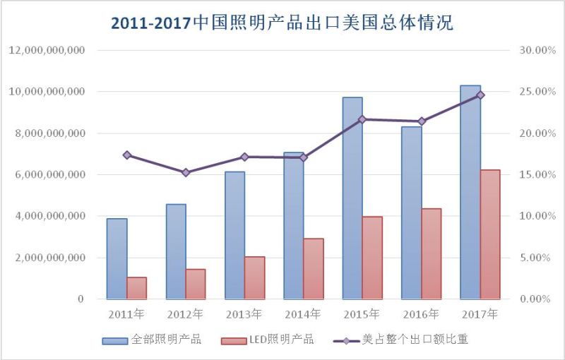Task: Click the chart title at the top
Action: pos(282,23)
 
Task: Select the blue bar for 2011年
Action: pos(117,258)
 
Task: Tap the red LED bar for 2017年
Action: pos(490,234)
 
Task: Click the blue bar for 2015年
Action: pos(352,198)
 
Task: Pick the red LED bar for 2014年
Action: pos(314,268)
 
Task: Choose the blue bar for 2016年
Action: pos(412,212)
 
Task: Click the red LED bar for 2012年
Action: pos(196,284)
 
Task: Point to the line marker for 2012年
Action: pos(186,172)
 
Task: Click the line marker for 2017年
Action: pos(480,95)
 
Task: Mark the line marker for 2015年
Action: pos(362,119)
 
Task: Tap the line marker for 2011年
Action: pos(127,155)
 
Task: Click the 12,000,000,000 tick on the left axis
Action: pos(47,51)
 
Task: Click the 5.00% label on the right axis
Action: pos(534,258)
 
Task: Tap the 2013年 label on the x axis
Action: pos(244,313)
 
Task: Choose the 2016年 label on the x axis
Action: pos(421,313)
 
